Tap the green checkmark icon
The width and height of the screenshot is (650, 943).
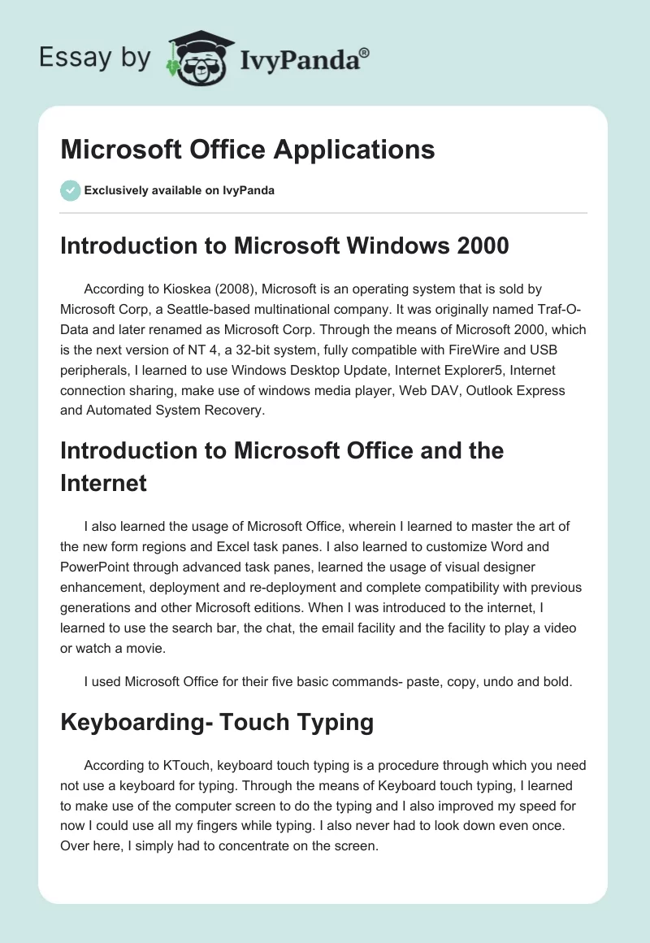[70, 190]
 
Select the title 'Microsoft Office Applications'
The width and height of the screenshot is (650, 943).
[247, 150]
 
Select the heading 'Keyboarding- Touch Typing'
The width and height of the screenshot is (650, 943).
[218, 721]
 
